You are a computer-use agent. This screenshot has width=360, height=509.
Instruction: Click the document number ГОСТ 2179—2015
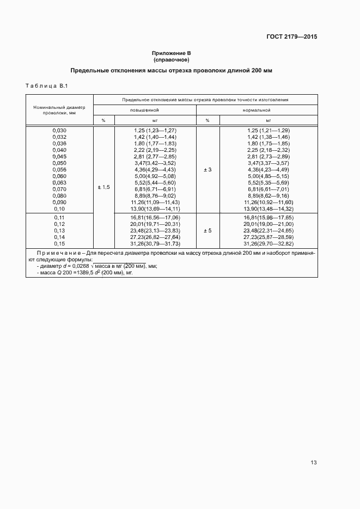(x=291, y=37)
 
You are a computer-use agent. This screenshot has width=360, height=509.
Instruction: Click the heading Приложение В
(x=171, y=53)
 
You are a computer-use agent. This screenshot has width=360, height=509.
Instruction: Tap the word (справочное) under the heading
(x=171, y=59)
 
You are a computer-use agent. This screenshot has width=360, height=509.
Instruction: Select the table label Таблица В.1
(x=46, y=86)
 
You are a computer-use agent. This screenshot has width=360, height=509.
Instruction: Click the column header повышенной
(x=144, y=110)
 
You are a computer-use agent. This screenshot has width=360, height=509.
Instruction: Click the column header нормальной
(x=257, y=110)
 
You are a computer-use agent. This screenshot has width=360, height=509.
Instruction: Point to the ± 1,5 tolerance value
(x=103, y=187)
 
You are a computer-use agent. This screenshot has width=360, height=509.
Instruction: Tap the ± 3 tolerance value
(x=208, y=170)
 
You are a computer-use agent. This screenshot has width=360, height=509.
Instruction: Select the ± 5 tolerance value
(x=208, y=230)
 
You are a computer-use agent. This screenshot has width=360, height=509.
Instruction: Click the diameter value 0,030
(x=59, y=130)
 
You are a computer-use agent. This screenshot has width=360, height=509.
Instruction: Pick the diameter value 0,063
(x=59, y=182)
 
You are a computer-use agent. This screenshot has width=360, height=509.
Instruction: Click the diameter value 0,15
(x=59, y=243)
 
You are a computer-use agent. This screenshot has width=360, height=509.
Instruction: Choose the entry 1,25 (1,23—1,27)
(x=155, y=130)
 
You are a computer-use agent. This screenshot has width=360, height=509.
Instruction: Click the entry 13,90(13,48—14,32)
(x=268, y=208)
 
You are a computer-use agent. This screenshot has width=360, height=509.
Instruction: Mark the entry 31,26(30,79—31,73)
(x=155, y=243)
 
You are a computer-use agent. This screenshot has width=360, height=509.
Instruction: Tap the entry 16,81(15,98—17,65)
(x=268, y=217)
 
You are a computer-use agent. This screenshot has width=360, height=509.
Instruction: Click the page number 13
(x=313, y=463)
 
